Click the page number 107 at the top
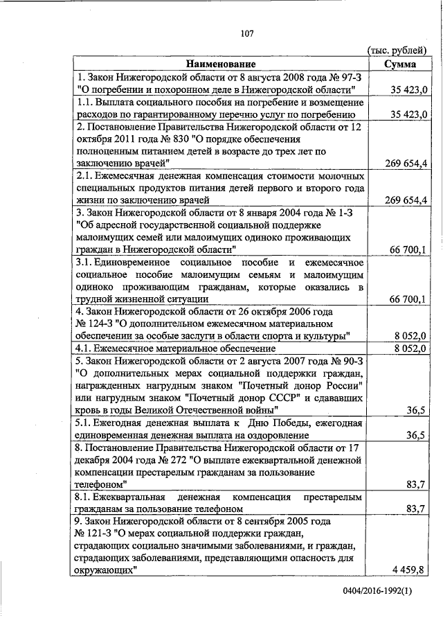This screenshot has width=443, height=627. pyautogui.click(x=248, y=33)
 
